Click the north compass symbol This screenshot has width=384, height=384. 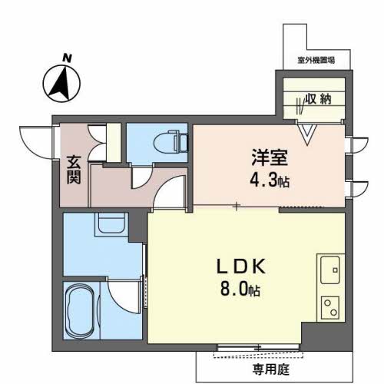tap(61, 84)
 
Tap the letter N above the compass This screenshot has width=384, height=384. tap(67, 58)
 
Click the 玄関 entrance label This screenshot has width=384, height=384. tap(74, 170)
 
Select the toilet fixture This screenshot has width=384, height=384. tap(170, 141)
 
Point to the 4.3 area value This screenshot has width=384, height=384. tap(263, 181)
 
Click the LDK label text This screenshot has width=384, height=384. tap(241, 266)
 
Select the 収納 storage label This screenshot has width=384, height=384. tap(319, 99)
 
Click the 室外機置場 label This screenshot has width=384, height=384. tap(316, 61)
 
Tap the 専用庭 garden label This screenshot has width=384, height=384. tap(271, 369)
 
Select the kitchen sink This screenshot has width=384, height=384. tap(330, 270)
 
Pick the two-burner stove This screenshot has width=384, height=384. tap(330, 307)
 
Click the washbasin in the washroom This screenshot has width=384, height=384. tap(111, 223)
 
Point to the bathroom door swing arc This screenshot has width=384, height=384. tap(124, 300)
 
